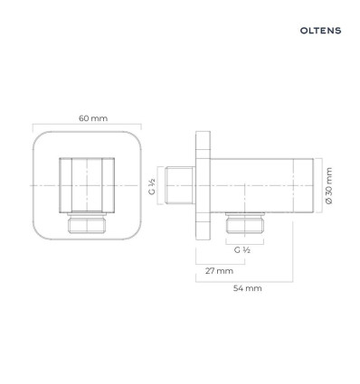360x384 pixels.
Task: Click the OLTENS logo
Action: pos(320,31)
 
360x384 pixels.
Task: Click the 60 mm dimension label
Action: pos(93,118)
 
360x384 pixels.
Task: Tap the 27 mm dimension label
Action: pos(219,271)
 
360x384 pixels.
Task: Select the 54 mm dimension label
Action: pos(247,288)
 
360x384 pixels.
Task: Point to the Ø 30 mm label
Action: pos(329,186)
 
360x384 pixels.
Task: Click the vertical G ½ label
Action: pos(152,186)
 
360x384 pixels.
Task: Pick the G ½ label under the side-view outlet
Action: pos(242,249)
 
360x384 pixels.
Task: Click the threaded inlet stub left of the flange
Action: pos(179,185)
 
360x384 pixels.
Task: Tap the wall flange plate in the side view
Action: pos(203,185)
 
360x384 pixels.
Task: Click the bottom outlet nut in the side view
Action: pos(245,223)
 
